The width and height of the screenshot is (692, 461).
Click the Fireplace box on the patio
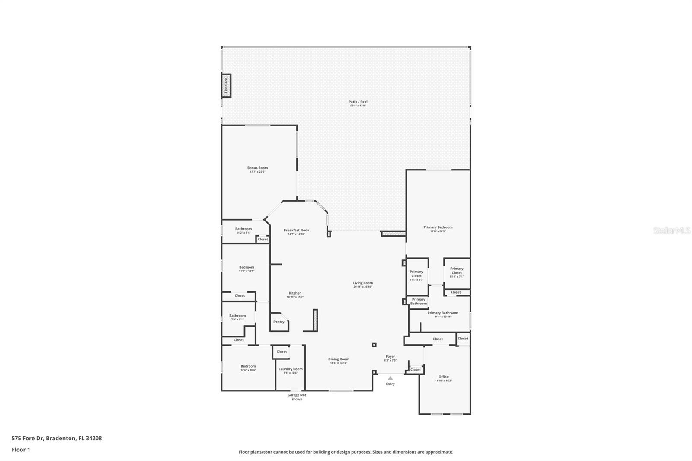(226, 86)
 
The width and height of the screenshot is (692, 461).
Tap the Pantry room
(279, 322)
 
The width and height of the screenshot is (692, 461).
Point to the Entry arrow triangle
(390, 378)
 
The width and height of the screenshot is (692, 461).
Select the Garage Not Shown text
(297, 397)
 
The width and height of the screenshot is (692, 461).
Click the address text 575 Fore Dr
(56, 438)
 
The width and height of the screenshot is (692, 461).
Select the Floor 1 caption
(21, 450)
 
